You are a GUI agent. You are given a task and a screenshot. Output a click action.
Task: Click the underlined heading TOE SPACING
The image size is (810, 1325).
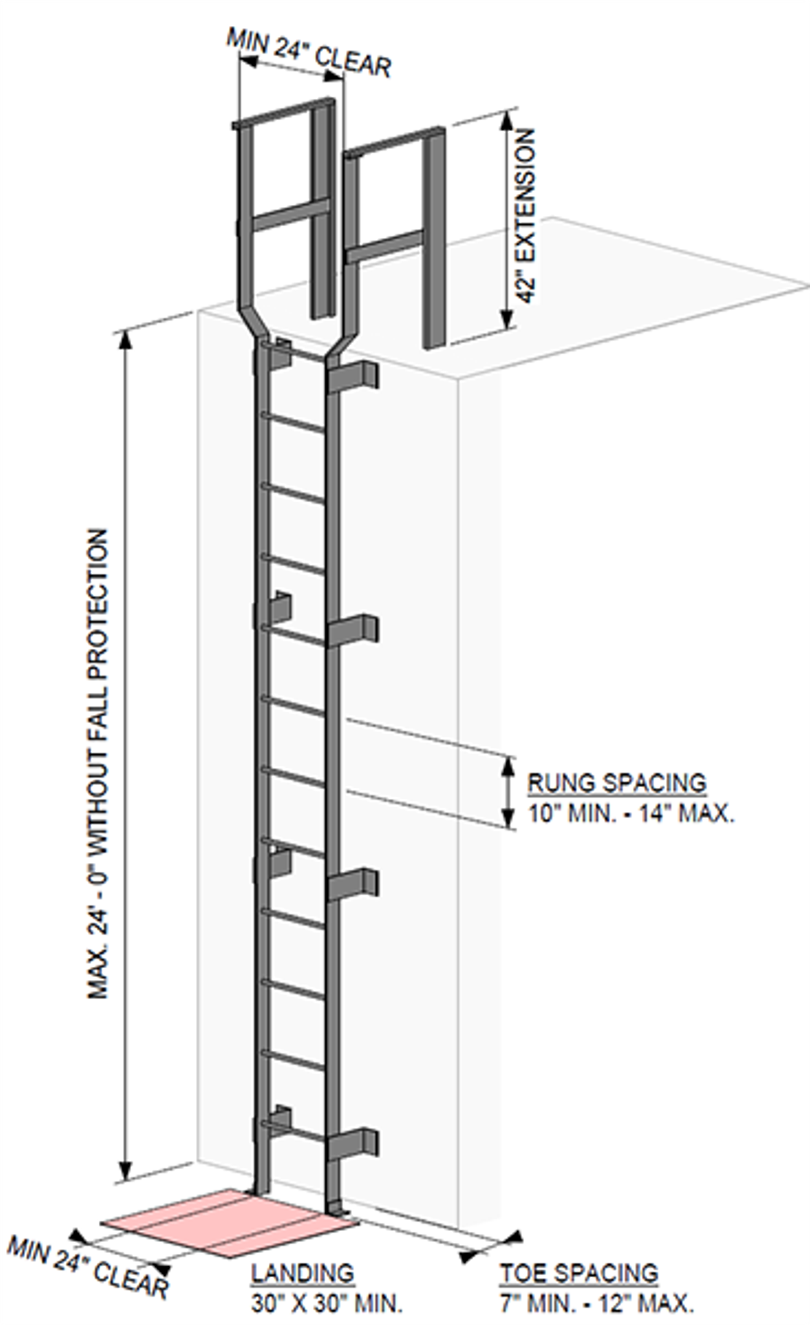[x=579, y=1273]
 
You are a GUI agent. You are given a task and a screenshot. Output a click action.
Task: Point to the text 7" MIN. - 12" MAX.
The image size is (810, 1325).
[x=597, y=1303]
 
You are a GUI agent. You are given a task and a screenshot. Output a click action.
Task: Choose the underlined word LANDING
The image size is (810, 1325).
[x=303, y=1273]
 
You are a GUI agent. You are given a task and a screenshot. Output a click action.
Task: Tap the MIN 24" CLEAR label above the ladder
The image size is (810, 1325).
[x=309, y=53]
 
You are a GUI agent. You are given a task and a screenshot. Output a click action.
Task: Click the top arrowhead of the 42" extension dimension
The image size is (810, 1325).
[x=505, y=121]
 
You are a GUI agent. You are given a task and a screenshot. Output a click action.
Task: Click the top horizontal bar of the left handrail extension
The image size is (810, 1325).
[x=282, y=113]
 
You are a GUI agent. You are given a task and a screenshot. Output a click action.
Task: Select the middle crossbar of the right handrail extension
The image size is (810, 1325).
[x=384, y=246]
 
